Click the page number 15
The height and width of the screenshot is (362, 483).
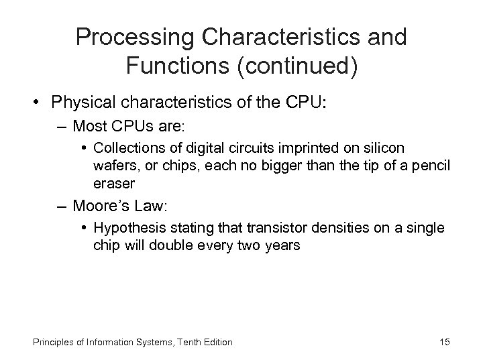[x=445, y=342]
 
